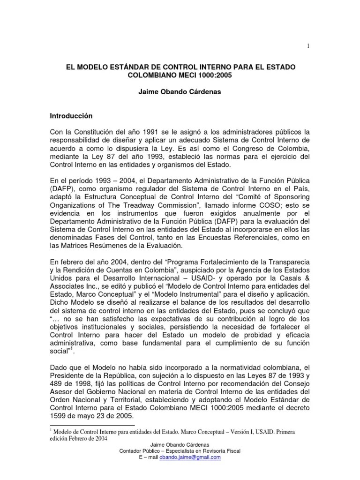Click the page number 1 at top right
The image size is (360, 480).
tap(307, 45)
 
